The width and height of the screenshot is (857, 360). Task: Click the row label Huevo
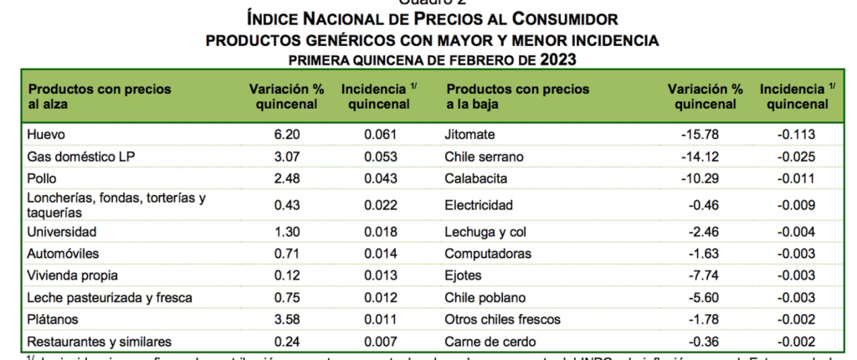point(46,135)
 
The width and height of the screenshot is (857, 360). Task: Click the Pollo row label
point(43,178)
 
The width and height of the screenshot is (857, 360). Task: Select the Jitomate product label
point(471,135)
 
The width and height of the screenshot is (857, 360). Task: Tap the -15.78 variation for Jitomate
point(699,135)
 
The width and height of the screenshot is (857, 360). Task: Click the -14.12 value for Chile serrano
point(699,157)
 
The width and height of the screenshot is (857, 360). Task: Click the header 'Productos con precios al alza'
point(100,96)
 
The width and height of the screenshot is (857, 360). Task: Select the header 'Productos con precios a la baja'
point(518,96)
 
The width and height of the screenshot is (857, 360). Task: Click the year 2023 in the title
point(558,59)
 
